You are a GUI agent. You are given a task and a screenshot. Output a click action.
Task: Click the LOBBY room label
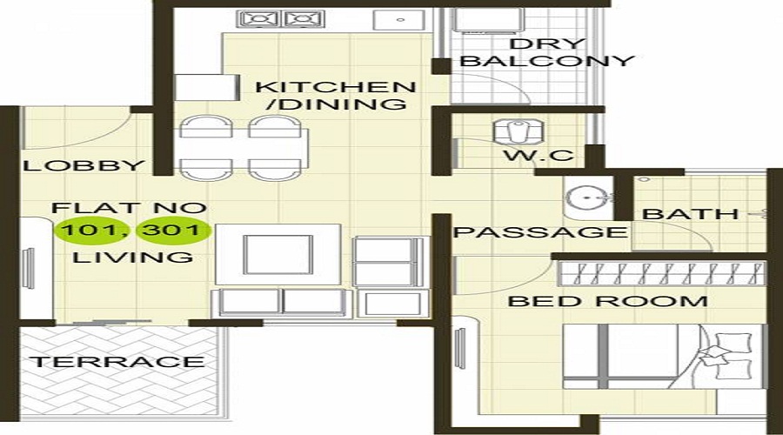click(84, 166)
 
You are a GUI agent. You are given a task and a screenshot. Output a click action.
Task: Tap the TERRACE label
click(117, 362)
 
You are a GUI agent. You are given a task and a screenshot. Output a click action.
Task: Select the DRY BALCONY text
click(546, 52)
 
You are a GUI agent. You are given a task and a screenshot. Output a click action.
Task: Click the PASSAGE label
click(540, 232)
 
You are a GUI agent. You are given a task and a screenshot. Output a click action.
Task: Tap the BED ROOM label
click(607, 302)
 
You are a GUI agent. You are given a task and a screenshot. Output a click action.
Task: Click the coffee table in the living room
click(277, 253)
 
